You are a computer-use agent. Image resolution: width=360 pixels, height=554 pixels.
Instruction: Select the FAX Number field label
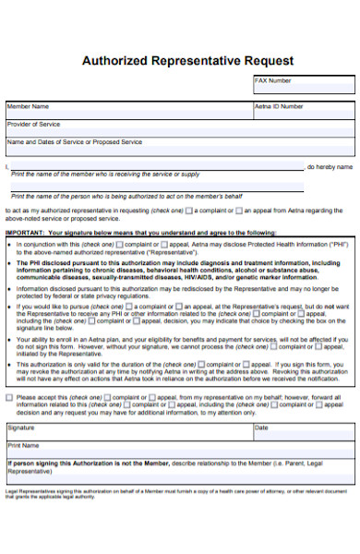[x=272, y=81]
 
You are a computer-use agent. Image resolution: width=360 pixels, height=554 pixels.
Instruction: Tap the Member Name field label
[x=28, y=106]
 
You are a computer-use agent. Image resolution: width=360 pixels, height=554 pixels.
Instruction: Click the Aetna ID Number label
[x=279, y=106]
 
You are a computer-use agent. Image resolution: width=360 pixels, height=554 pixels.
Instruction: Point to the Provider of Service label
[x=34, y=124]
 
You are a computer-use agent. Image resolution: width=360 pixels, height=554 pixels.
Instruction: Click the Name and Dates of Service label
[x=74, y=142]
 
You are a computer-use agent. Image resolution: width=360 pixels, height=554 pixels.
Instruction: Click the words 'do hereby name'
[x=330, y=167]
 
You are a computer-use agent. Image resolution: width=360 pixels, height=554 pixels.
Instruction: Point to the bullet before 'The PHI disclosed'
[x=10, y=262]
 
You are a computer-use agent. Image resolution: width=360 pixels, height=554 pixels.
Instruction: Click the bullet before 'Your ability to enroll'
[x=10, y=339]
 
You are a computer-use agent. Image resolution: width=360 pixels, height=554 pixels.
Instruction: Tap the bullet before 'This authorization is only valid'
[x=10, y=364]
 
